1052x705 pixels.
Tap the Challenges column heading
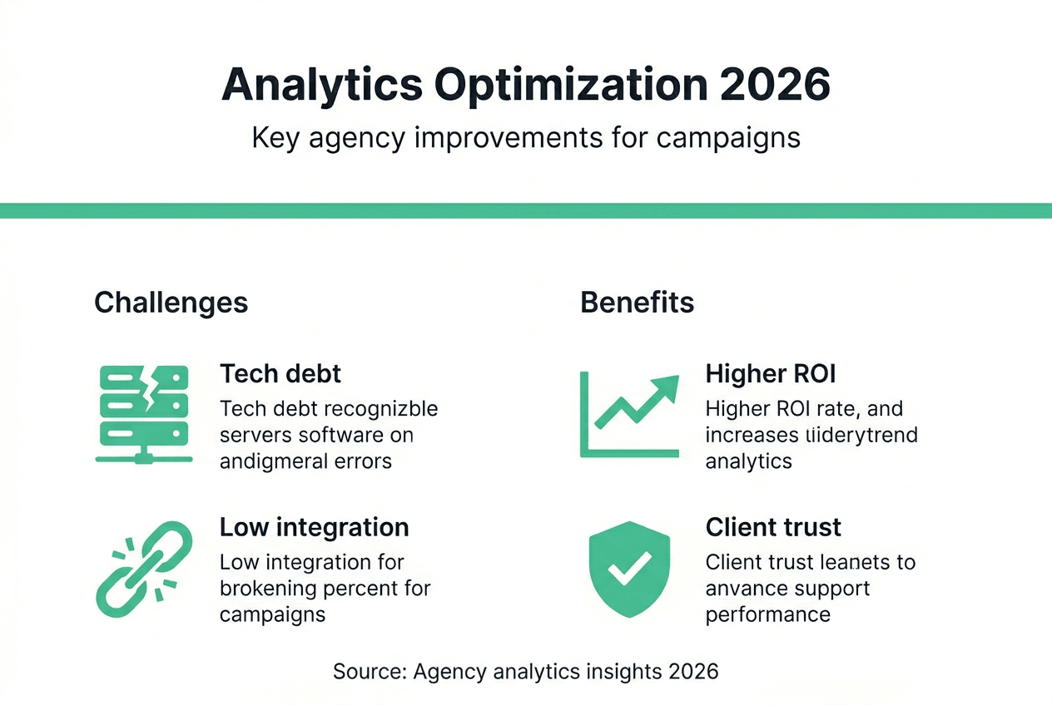click(x=171, y=302)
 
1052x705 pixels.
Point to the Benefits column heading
click(x=637, y=302)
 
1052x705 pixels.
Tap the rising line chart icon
click(x=629, y=414)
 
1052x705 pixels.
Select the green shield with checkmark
click(x=628, y=569)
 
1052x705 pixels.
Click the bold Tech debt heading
click(x=280, y=373)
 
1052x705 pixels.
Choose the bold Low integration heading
click(x=314, y=527)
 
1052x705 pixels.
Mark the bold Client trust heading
click(x=773, y=527)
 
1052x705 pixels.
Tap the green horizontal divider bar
click(x=526, y=210)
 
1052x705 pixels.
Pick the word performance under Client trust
click(x=767, y=614)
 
